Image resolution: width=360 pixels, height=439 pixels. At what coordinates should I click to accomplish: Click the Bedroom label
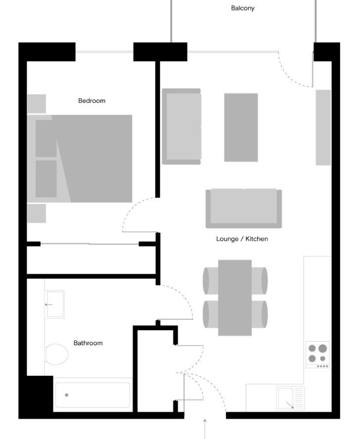91,101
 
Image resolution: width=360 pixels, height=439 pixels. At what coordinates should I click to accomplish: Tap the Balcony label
242,8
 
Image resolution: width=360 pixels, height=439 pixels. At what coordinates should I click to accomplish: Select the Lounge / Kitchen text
242,239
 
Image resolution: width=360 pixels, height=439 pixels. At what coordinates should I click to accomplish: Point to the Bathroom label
88,343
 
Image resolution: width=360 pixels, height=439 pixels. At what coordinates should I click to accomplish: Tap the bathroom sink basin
54,304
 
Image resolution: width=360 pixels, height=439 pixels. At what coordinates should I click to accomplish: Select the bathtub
92,395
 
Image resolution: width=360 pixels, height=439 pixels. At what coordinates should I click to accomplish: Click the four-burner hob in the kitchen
317,353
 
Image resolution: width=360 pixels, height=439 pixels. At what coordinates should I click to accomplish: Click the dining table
235,297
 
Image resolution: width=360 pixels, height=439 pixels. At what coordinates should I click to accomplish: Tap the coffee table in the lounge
241,127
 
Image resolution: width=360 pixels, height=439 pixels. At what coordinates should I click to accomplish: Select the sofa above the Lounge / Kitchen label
244,208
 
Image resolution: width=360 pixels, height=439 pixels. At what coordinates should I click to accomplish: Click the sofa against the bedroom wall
181,127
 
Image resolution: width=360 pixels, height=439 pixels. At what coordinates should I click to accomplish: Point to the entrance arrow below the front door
205,428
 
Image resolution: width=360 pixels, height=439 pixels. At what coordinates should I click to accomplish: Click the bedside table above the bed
36,104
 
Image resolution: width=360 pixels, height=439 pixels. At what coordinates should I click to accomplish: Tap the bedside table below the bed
36,213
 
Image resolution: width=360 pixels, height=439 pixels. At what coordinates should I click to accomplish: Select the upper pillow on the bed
46,138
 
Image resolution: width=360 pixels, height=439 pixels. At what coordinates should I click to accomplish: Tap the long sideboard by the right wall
323,127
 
